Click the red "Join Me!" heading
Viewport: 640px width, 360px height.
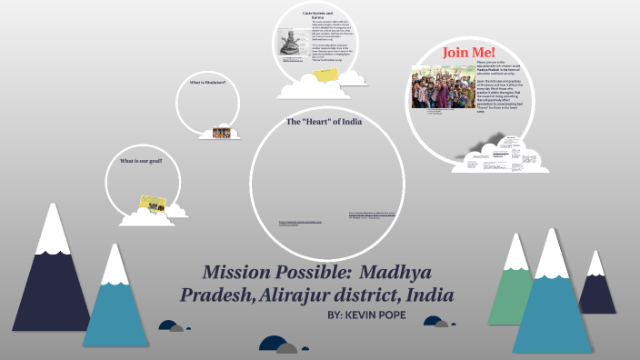[x=468, y=52]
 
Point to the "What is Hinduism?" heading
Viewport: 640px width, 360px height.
[x=207, y=83]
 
